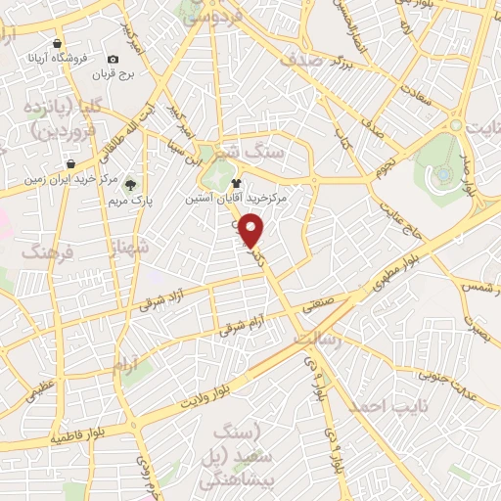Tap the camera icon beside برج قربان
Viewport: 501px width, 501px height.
113,61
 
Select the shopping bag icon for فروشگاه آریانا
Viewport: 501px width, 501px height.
58,44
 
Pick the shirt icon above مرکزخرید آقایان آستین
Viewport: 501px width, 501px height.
235,182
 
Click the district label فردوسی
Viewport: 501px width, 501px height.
210,14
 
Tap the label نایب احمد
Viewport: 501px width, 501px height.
386,405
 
